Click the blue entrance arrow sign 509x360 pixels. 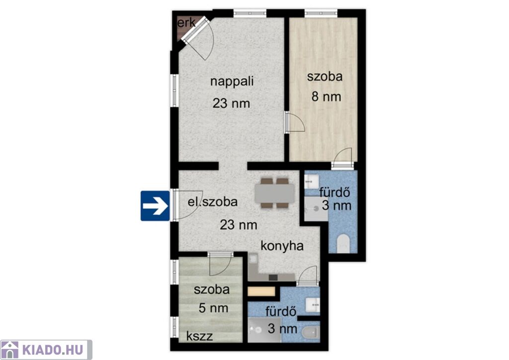tap(155, 206)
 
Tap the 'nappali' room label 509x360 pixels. tap(232, 81)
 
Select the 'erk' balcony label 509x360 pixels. tap(187, 23)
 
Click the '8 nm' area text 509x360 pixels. tap(326, 97)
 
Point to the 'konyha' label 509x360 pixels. tap(282, 246)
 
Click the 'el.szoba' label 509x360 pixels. tap(213, 202)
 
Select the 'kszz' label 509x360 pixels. tap(200, 336)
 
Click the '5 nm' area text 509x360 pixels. tap(213, 308)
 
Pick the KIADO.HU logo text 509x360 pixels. tap(53, 350)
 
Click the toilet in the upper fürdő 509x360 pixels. tap(343, 244)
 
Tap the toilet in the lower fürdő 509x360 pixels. tap(311, 333)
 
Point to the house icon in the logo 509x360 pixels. tap(10, 350)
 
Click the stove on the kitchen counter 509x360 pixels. tap(273, 277)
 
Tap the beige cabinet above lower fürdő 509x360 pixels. tap(261, 291)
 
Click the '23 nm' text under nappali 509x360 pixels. tap(232, 103)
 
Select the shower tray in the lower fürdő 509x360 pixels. tap(264, 330)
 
